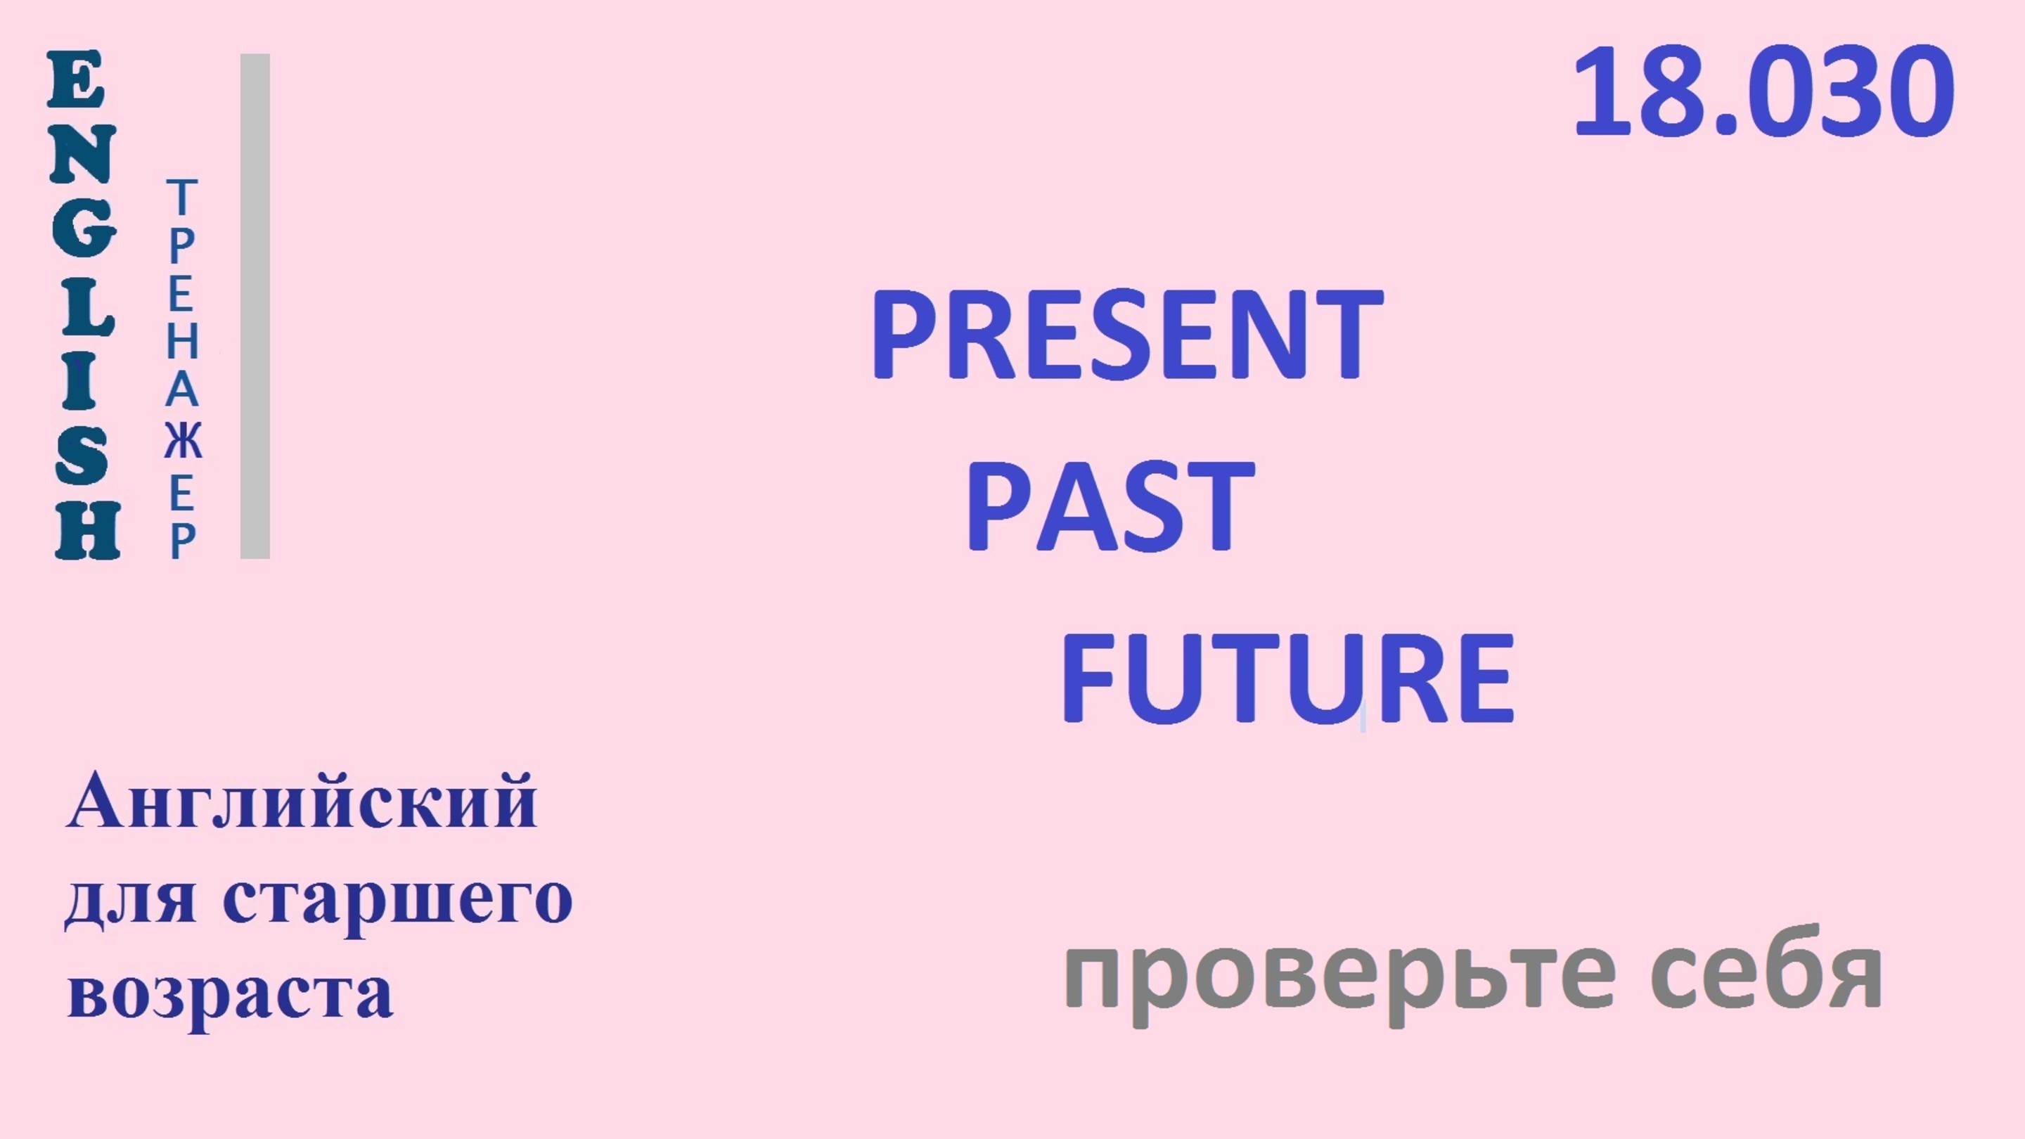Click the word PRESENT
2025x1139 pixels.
(x=1126, y=334)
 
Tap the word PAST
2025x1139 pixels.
(x=1110, y=508)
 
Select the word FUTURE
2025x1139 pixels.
(x=1287, y=679)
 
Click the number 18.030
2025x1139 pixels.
(x=1763, y=93)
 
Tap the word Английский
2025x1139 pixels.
(x=302, y=802)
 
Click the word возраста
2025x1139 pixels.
(x=231, y=992)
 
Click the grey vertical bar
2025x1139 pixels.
(x=255, y=307)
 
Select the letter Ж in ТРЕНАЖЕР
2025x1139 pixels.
(x=182, y=442)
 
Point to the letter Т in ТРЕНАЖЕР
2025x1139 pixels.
(x=181, y=198)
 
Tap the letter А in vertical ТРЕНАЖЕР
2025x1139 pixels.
(x=182, y=391)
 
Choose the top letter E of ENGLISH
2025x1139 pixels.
(x=76, y=80)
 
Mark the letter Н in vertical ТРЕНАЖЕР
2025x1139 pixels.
(x=182, y=342)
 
